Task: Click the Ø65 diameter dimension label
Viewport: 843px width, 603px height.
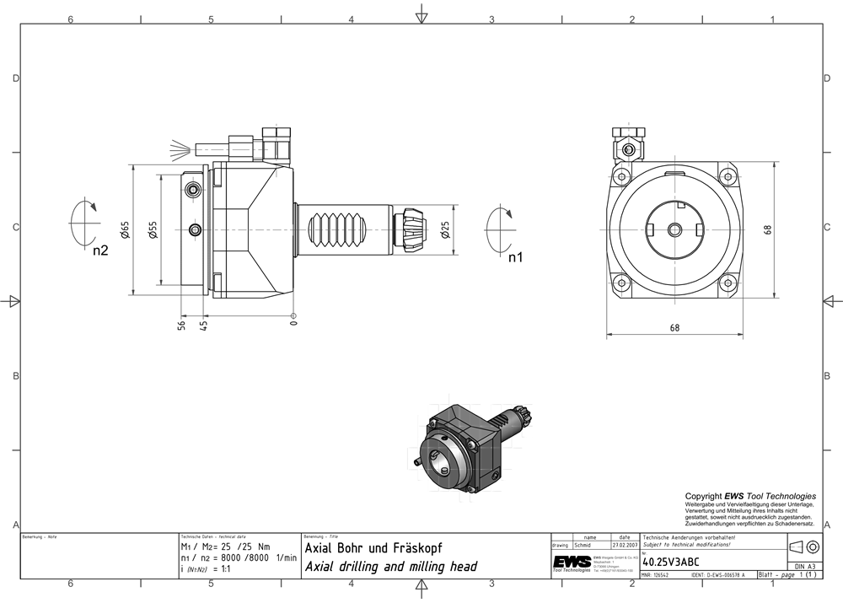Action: click(x=125, y=230)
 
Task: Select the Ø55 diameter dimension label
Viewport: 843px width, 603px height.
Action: click(x=153, y=230)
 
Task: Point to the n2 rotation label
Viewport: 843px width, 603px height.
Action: click(x=100, y=250)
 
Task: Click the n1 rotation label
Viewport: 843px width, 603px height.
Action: click(x=515, y=257)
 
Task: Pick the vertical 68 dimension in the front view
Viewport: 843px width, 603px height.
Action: click(x=768, y=229)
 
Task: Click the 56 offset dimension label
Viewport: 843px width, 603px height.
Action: click(x=181, y=324)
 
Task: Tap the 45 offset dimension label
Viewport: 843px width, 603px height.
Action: click(x=203, y=324)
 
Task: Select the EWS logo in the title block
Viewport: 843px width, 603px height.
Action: click(x=571, y=563)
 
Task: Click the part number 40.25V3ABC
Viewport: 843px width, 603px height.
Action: click(x=669, y=560)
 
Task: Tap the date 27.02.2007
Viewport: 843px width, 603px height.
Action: click(x=624, y=545)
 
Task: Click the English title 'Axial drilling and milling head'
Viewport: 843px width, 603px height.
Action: click(x=389, y=567)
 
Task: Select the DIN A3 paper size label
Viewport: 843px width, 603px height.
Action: click(x=805, y=567)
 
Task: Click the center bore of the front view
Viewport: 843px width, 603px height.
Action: click(x=675, y=229)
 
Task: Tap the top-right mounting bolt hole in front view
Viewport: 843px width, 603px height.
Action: click(x=728, y=176)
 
